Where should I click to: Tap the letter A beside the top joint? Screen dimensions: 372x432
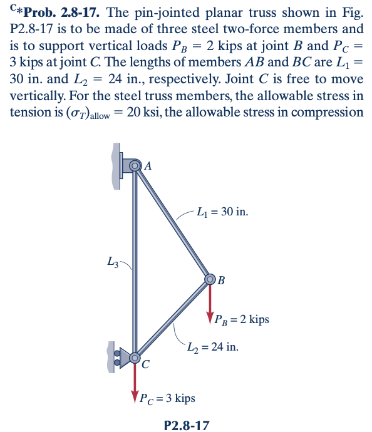(x=148, y=166)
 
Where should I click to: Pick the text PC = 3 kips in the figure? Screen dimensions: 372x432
(x=167, y=398)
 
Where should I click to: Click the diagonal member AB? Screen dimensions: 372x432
(x=173, y=223)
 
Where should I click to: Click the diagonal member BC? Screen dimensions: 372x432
(x=173, y=319)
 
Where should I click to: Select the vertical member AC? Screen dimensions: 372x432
(x=134, y=263)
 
